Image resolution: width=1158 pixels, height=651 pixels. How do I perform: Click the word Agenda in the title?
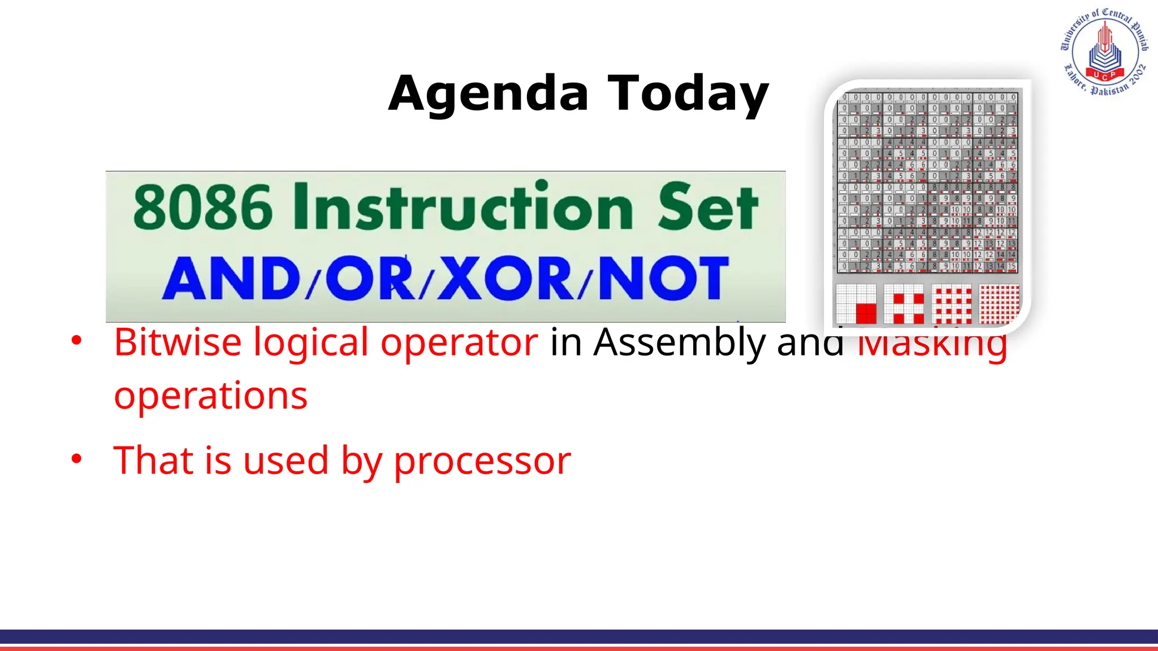pyautogui.click(x=489, y=94)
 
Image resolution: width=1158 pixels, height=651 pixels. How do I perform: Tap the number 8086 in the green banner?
pyautogui.click(x=202, y=208)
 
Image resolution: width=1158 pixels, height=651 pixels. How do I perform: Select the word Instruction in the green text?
pyautogui.click(x=463, y=207)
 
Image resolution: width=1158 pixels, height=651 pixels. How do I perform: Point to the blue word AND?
pyautogui.click(x=232, y=279)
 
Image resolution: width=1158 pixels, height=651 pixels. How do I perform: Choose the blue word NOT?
pyautogui.click(x=663, y=278)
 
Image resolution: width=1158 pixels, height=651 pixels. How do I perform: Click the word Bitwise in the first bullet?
pyautogui.click(x=178, y=342)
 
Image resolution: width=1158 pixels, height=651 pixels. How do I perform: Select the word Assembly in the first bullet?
pyautogui.click(x=679, y=343)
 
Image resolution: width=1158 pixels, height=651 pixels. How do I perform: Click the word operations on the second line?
pyautogui.click(x=210, y=395)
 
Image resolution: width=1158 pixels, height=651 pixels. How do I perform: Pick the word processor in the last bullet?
pyautogui.click(x=482, y=461)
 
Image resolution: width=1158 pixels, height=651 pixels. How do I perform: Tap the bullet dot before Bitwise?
pyautogui.click(x=76, y=341)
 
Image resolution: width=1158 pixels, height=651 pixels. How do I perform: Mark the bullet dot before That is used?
pyautogui.click(x=76, y=459)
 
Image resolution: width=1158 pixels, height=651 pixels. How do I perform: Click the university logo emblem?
pyautogui.click(x=1104, y=52)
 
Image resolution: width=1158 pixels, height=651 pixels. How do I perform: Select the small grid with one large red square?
pyautogui.click(x=856, y=304)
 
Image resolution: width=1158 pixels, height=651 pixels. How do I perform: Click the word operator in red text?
pyautogui.click(x=459, y=342)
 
